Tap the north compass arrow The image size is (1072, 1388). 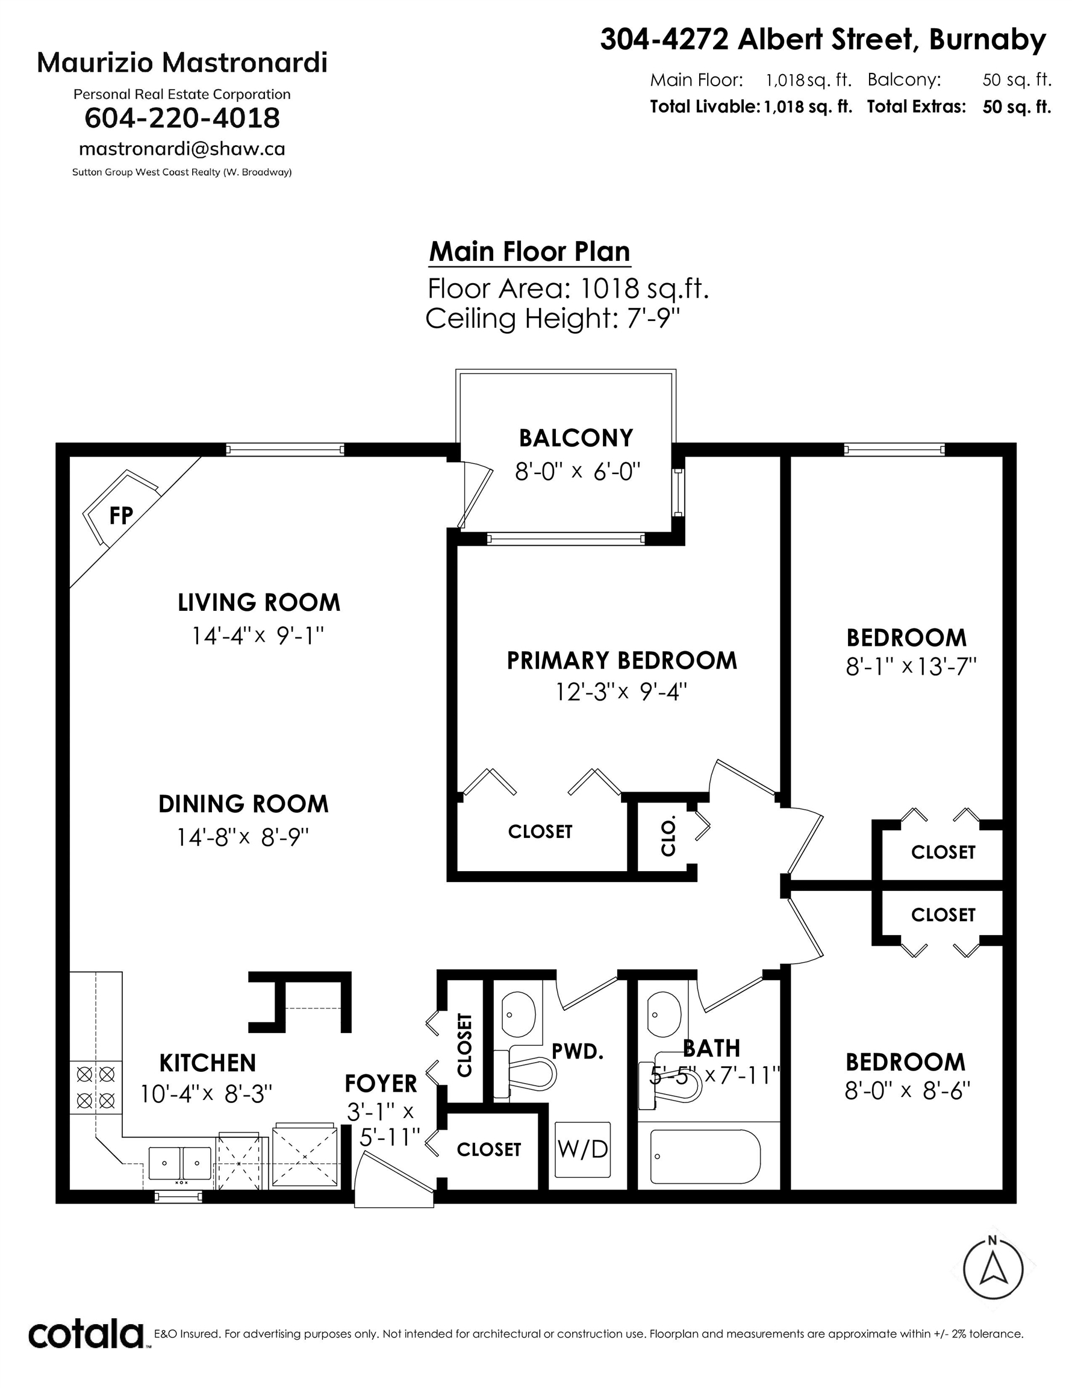click(993, 1270)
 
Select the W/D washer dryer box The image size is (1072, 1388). click(582, 1148)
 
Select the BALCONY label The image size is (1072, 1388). click(576, 439)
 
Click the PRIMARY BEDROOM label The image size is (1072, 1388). click(622, 661)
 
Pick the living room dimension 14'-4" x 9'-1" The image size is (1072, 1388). click(258, 636)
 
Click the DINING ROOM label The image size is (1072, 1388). click(243, 804)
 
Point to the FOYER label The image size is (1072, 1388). click(381, 1084)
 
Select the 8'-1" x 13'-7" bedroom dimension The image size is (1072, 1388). click(910, 667)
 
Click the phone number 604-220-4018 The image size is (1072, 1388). click(182, 118)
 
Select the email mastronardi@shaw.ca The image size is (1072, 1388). click(182, 149)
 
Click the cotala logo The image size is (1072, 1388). click(86, 1333)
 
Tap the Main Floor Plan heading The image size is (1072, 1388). click(529, 252)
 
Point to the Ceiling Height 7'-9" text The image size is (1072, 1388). click(552, 319)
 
